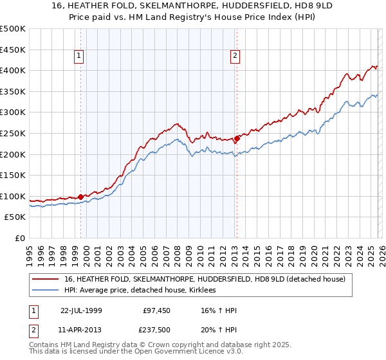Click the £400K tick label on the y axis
tap(13, 71)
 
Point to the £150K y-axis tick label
tap(13, 175)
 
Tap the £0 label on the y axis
tap(19, 239)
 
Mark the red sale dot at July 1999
tap(81, 197)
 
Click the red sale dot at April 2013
tap(237, 138)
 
